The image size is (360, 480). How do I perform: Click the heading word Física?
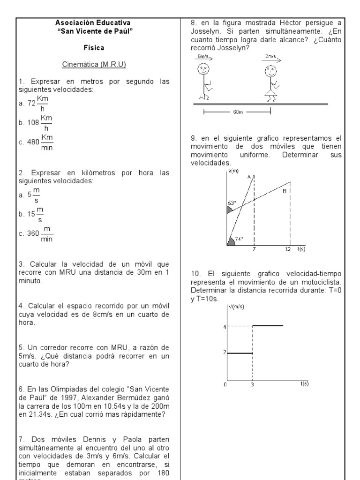point(94,48)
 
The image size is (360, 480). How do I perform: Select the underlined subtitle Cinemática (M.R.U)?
point(94,64)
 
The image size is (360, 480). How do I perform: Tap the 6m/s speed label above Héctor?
point(203,56)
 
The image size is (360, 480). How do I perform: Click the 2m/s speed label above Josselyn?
point(269,56)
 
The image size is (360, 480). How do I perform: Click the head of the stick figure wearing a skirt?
point(270,72)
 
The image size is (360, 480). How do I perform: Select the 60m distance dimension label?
point(237,112)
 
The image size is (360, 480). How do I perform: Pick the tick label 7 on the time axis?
point(254,249)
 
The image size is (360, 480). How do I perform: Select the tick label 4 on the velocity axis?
point(225,326)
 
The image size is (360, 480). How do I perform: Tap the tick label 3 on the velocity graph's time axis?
point(253,384)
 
